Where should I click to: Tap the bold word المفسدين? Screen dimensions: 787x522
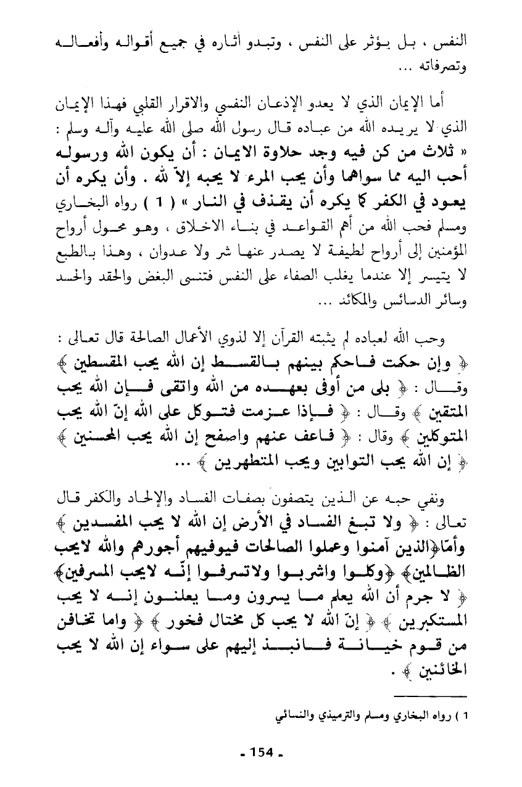point(89,510)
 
